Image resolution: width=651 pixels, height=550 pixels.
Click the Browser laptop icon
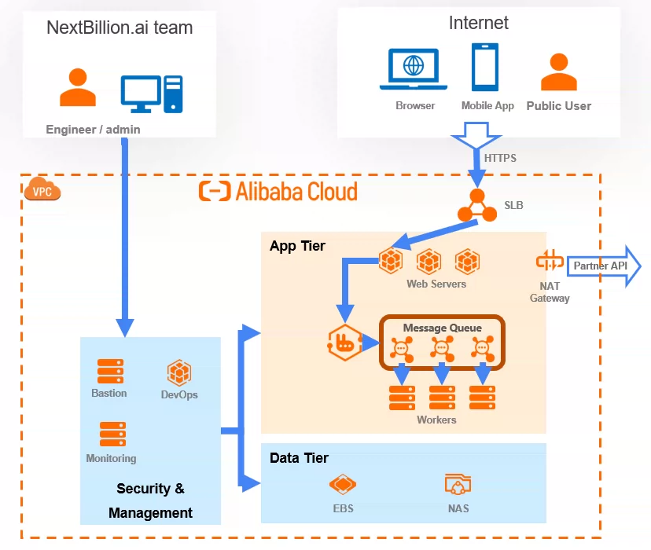tap(414, 70)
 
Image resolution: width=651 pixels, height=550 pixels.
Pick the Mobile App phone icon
tap(485, 67)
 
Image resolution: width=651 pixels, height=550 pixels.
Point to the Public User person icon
tap(558, 72)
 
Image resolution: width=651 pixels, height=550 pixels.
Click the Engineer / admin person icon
tap(78, 87)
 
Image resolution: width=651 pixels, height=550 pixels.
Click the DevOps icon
tap(179, 372)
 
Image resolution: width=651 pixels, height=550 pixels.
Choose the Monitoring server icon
tap(112, 434)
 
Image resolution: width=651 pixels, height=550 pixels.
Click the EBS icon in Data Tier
tap(343, 484)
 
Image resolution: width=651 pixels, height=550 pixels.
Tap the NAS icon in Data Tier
tap(458, 484)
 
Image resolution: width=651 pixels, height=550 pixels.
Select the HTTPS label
tap(500, 158)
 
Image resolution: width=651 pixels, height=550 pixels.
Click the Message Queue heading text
tap(442, 328)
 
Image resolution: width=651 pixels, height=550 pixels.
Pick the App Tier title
tap(297, 246)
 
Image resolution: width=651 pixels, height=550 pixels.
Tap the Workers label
tap(436, 420)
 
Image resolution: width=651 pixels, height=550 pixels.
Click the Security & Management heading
tap(150, 500)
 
